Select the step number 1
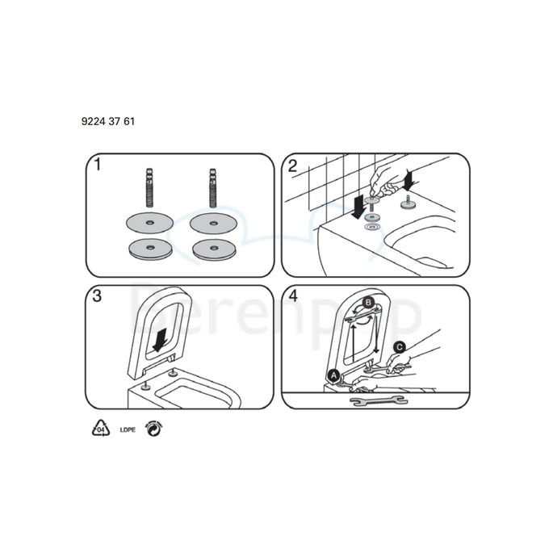(97, 166)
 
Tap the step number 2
(293, 166)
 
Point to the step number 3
(97, 296)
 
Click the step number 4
(293, 296)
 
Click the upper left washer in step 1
(149, 223)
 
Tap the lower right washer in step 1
(214, 249)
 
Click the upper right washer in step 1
(214, 223)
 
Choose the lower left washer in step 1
(149, 249)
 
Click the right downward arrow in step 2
(410, 177)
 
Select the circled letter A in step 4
(333, 374)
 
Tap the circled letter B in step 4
(369, 303)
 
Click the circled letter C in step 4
(399, 347)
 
